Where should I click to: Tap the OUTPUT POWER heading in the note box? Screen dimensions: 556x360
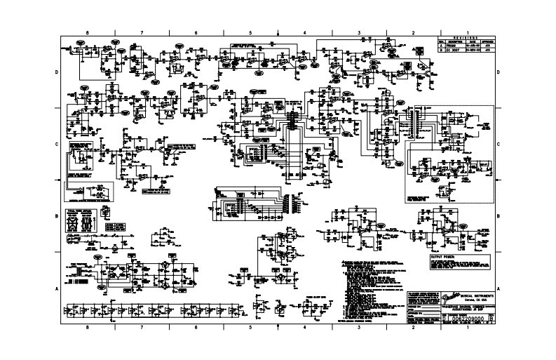coord(442,258)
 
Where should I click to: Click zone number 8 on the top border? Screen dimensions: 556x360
coord(87,33)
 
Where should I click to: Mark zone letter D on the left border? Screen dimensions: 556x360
coord(57,72)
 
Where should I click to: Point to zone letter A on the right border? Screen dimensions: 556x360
coord(498,288)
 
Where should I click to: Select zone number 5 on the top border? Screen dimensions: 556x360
coord(250,33)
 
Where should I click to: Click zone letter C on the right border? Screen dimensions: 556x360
coord(498,144)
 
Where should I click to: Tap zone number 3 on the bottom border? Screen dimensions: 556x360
coord(358,327)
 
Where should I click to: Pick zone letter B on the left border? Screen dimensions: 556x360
coord(57,216)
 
